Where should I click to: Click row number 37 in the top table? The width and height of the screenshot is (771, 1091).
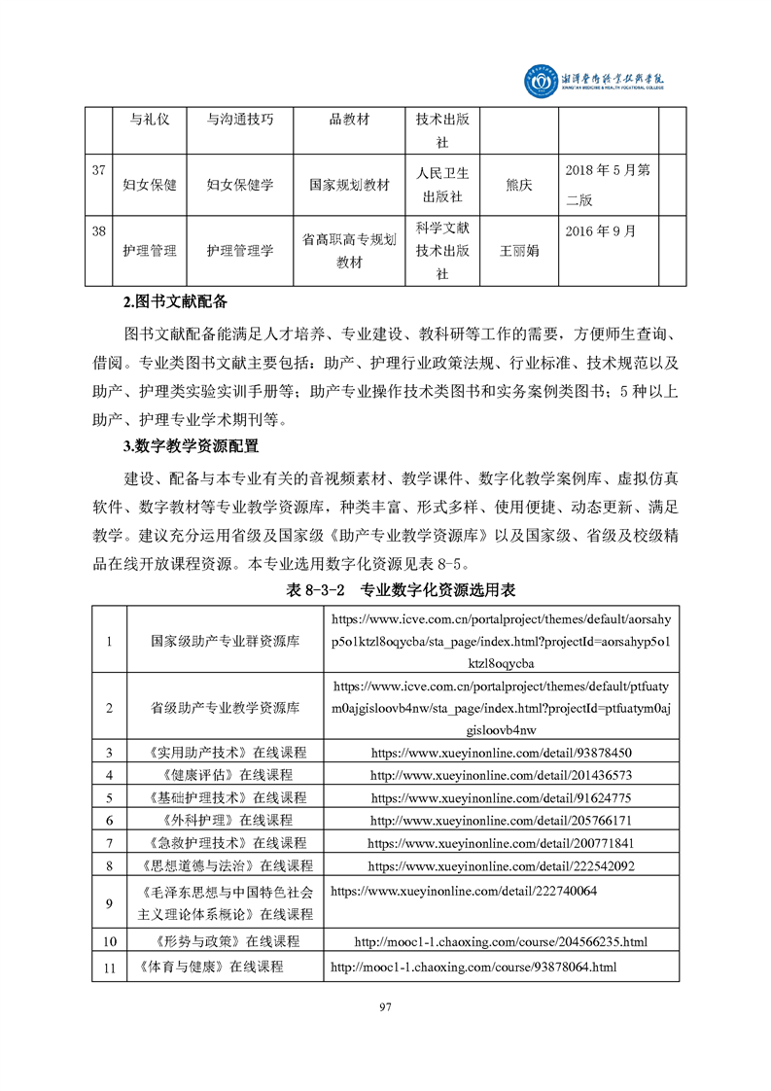click(x=98, y=171)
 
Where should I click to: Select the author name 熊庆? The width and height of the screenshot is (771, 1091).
click(x=519, y=183)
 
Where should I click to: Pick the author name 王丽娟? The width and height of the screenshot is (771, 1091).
click(x=519, y=250)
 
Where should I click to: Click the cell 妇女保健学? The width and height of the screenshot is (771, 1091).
click(x=240, y=183)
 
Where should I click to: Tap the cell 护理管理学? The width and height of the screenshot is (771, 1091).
click(x=240, y=250)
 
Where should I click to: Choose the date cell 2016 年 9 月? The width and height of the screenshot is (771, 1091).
click(x=601, y=231)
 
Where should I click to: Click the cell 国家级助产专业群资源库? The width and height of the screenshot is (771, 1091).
click(x=225, y=642)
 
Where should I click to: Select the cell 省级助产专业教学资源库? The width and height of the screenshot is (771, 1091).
click(x=225, y=707)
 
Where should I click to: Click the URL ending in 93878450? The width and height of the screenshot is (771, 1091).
click(x=501, y=753)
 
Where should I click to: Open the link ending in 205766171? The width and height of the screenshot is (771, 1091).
click(x=501, y=820)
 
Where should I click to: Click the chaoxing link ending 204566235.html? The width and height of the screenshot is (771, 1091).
click(x=501, y=941)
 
